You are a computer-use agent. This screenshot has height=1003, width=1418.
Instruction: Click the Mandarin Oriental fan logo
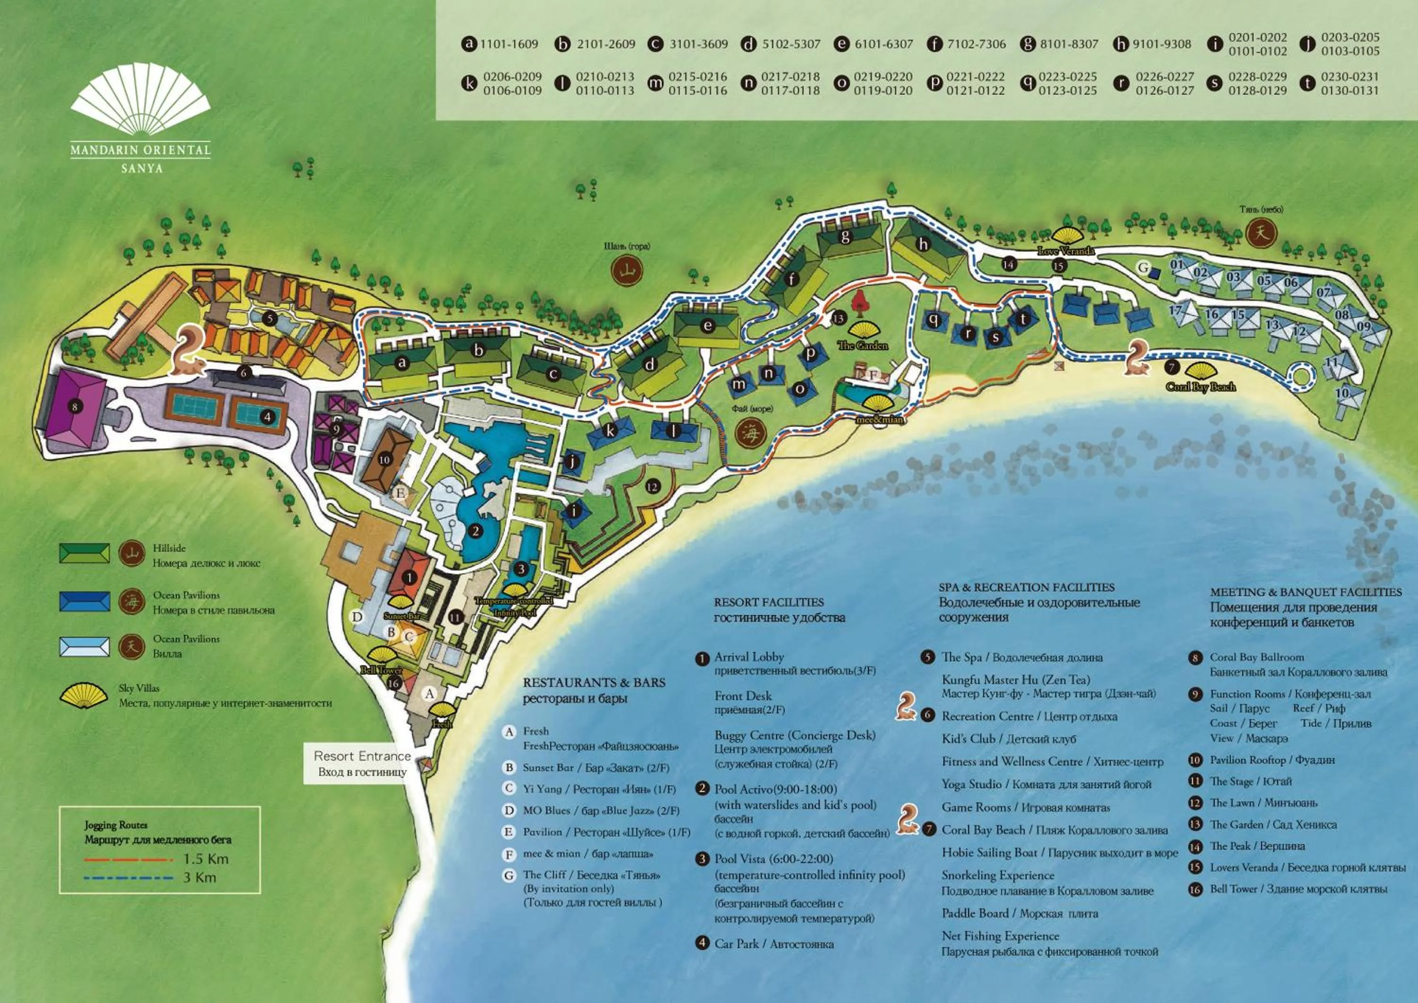coord(140,99)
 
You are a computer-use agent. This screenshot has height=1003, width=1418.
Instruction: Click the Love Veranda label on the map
coord(1066,250)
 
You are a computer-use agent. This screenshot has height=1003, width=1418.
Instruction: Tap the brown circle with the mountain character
coord(627,271)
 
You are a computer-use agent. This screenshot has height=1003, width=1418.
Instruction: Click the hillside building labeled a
coord(402,363)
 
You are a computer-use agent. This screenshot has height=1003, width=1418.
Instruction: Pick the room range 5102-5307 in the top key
coord(790,44)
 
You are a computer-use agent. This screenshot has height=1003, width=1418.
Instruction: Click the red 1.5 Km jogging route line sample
coord(129,859)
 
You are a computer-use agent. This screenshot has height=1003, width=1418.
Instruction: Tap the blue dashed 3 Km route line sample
coord(129,878)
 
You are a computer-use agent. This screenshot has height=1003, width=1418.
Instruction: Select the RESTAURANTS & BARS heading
coord(594,682)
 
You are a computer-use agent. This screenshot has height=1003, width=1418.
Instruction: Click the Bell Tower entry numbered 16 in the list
coord(1298,889)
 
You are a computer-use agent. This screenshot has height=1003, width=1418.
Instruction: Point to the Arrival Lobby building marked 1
coord(409,577)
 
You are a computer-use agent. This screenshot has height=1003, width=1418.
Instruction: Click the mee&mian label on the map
coord(880,420)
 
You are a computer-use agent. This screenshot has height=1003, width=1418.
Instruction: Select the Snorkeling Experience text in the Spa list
coord(997,875)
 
